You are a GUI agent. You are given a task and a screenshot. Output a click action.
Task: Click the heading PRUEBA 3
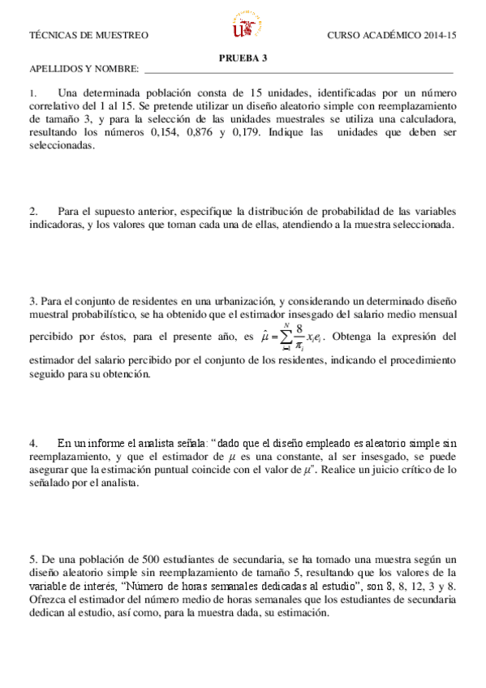click(243, 57)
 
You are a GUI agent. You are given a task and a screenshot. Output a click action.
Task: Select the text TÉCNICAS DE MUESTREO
click(89, 36)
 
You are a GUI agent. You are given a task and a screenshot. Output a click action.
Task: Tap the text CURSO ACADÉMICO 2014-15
click(392, 36)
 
